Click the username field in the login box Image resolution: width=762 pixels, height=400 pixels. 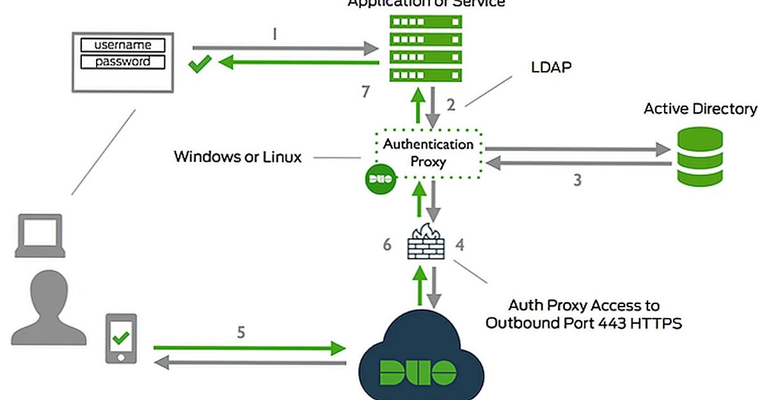coord(122,45)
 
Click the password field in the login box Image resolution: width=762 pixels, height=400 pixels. coord(122,62)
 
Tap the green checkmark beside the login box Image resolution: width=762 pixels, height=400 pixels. coord(200,63)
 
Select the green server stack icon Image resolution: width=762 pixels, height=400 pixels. coord(425,48)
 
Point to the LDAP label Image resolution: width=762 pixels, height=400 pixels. coord(551,67)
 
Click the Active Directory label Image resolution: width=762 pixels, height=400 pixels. coord(700,109)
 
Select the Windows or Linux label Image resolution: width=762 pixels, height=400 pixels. coord(237,157)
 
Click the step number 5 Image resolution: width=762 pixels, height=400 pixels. coord(241,333)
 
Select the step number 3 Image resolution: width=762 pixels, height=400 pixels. coord(577,180)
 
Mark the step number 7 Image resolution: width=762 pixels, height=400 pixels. coord(365,92)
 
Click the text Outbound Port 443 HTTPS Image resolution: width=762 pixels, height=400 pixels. coord(583,323)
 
